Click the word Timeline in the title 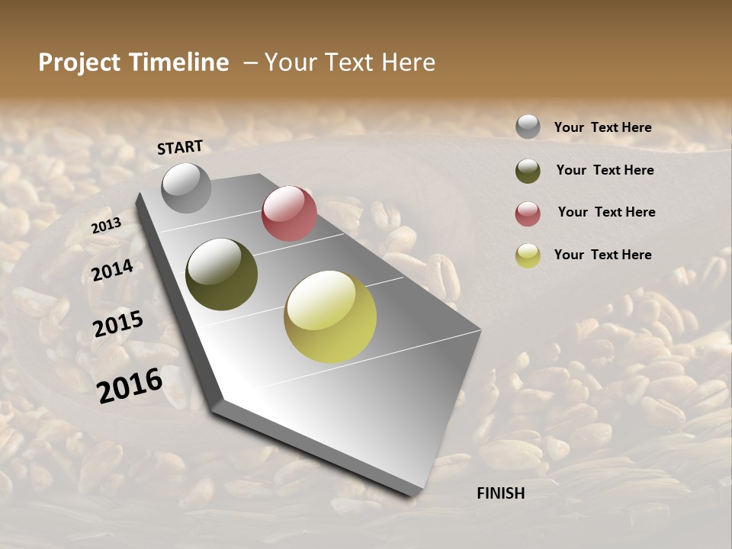[x=179, y=63]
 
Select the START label [x=180, y=147]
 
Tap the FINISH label [x=501, y=493]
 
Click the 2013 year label [x=106, y=226]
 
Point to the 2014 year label [x=113, y=271]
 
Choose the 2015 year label [x=118, y=324]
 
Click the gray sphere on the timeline [x=186, y=188]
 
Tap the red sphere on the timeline [x=289, y=213]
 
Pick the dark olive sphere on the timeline [x=221, y=274]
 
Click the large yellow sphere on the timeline [x=330, y=316]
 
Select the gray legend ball [x=528, y=127]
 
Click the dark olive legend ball [x=528, y=171]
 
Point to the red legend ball [x=528, y=213]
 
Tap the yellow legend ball [x=528, y=255]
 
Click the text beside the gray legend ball [x=602, y=128]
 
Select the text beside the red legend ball [x=606, y=212]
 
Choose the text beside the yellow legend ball [x=602, y=255]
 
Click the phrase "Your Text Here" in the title [x=350, y=63]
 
